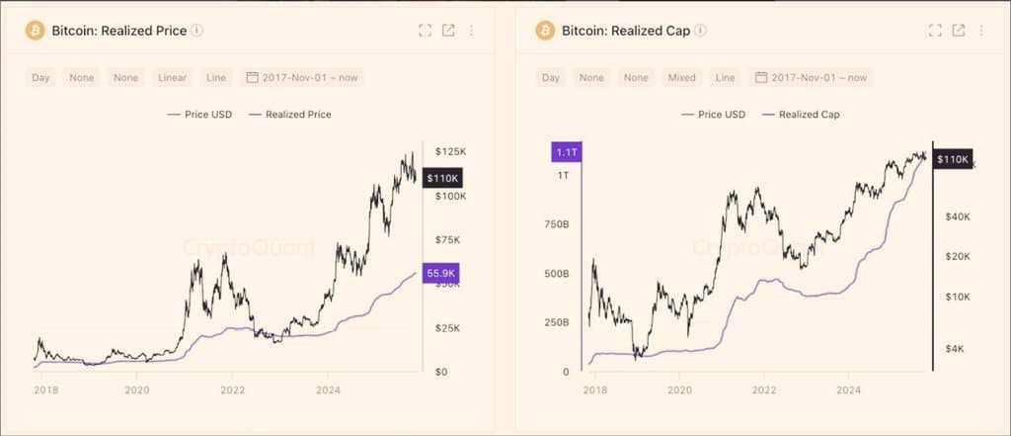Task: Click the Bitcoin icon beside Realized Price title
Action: point(36,30)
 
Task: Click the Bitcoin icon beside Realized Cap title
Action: point(546,30)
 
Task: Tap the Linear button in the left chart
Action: point(174,77)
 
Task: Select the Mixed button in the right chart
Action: point(682,77)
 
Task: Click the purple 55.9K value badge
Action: point(440,273)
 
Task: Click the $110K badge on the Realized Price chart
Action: point(441,178)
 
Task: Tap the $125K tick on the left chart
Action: point(450,150)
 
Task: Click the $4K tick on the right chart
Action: point(957,348)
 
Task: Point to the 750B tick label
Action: point(558,224)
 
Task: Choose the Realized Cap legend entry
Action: point(803,115)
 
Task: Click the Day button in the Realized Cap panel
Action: point(551,77)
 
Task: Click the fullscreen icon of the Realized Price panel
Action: point(426,31)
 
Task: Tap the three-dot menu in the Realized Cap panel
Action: point(981,31)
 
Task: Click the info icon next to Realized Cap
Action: point(700,31)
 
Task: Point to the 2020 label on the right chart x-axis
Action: point(679,391)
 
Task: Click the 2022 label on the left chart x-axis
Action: point(232,391)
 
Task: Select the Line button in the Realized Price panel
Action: point(216,77)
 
